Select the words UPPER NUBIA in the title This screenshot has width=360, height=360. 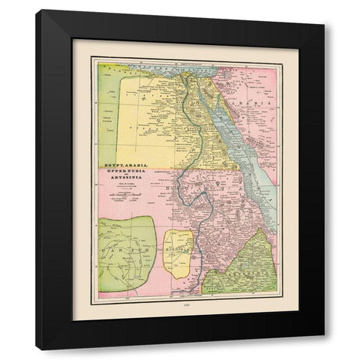pos(125,172)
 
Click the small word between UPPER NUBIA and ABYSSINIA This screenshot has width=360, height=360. pos(125,178)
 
